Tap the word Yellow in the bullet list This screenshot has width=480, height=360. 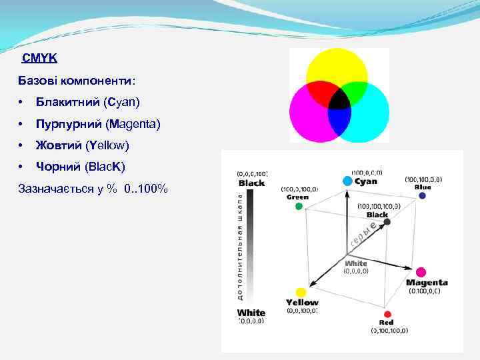click(111, 145)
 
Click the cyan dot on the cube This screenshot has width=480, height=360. click(347, 181)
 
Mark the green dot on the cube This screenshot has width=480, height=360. click(299, 206)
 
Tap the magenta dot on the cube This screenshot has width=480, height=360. click(421, 272)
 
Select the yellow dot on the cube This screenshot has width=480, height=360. click(301, 292)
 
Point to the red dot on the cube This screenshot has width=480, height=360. click(387, 313)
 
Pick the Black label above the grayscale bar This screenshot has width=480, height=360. click(251, 183)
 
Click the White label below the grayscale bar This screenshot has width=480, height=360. click(251, 312)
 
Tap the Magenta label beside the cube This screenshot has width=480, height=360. click(427, 283)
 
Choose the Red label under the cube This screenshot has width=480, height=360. click(387, 322)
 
